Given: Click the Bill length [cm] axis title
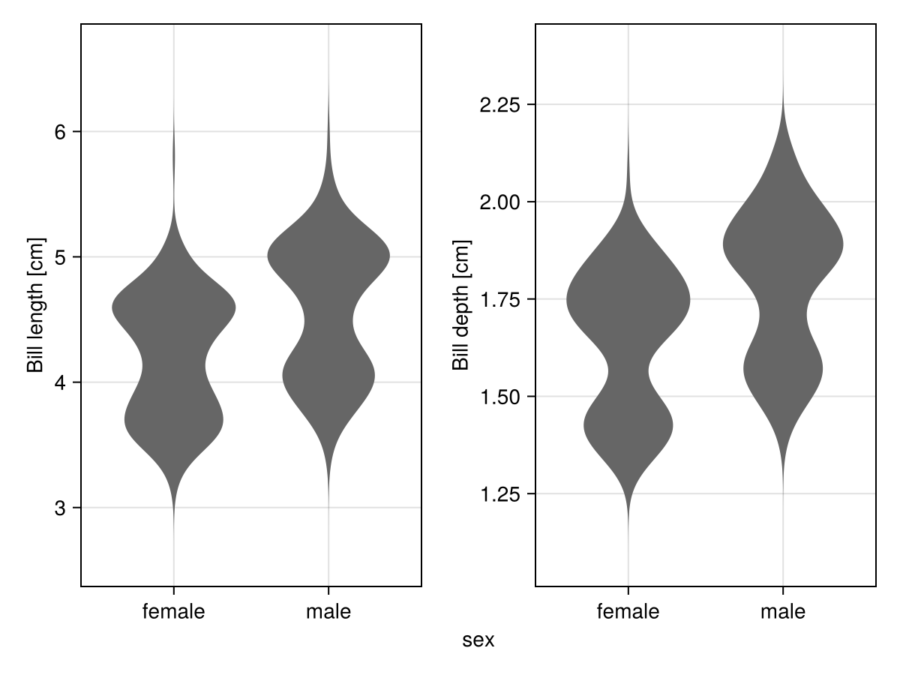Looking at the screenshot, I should click(x=35, y=304).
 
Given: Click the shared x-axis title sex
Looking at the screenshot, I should click(x=478, y=640).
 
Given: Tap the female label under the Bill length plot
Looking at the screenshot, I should click(x=173, y=612).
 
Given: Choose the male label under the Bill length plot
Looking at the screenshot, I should click(x=328, y=612).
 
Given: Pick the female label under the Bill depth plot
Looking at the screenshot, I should click(x=628, y=612).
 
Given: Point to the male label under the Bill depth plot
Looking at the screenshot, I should click(x=783, y=612).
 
